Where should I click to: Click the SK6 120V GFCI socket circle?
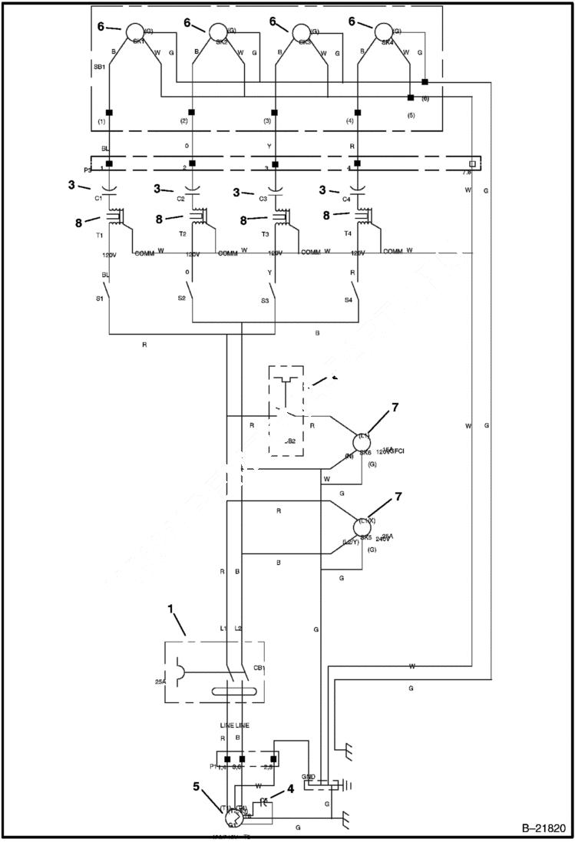click(362, 443)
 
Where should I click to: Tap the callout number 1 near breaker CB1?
click(170, 612)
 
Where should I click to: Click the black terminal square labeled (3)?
click(274, 112)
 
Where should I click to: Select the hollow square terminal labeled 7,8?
click(472, 164)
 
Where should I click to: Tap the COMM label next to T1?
click(144, 253)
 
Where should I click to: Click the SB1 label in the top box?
click(101, 67)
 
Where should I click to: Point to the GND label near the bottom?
click(309, 778)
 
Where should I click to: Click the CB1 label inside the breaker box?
click(259, 667)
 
